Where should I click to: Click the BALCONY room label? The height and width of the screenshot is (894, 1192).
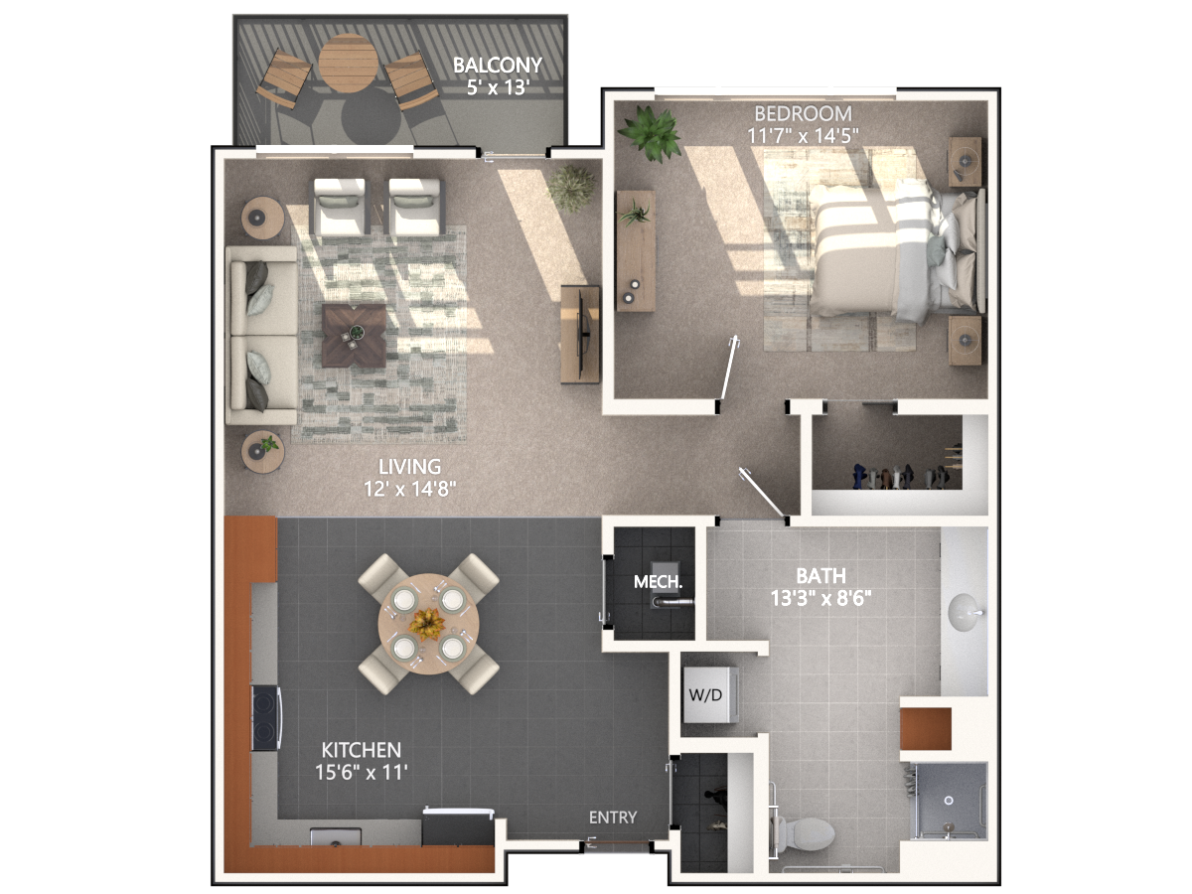tap(498, 66)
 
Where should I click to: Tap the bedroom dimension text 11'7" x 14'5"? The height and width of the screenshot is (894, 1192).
tap(803, 136)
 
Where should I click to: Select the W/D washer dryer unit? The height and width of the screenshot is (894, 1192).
tap(710, 694)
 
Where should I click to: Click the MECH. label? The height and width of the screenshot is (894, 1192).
tap(658, 582)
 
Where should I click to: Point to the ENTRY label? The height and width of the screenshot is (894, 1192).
tap(613, 817)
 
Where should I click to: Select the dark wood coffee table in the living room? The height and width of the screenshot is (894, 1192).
tap(354, 336)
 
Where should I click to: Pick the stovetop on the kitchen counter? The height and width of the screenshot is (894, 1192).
tap(266, 718)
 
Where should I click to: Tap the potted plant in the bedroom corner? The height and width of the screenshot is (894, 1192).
tap(650, 133)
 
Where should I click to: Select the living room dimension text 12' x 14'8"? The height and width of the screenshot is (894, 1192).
tap(409, 489)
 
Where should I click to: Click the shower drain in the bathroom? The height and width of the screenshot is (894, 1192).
tap(950, 800)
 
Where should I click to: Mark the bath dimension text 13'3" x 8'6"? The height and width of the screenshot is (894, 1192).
tap(820, 598)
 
